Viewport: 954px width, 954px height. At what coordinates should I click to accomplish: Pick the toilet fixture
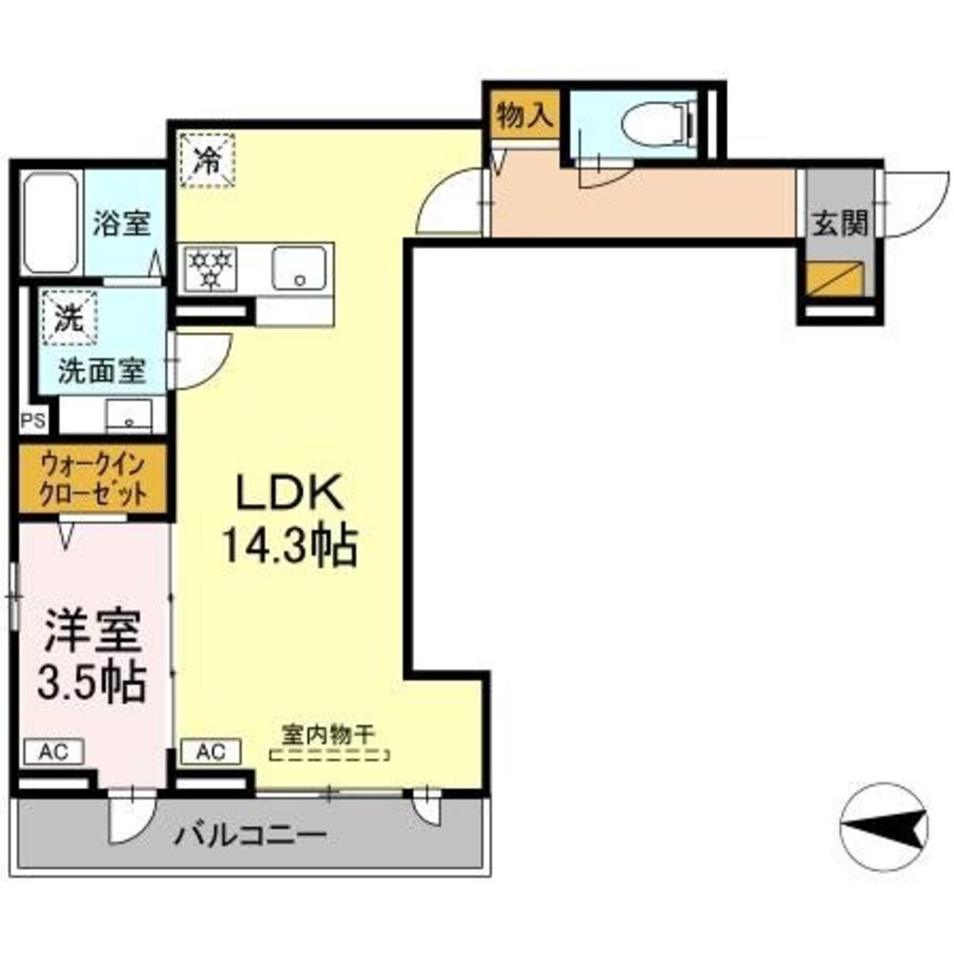[657, 122]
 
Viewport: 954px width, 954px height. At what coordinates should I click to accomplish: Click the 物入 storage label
[524, 116]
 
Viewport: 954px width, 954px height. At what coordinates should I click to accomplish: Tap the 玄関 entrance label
[840, 224]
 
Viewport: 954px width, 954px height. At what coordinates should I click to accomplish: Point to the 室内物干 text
[329, 734]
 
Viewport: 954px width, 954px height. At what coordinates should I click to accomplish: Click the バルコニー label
[251, 837]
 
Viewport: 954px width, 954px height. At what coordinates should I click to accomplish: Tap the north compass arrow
[886, 827]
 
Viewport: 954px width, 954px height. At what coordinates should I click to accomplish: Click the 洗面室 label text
[102, 372]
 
